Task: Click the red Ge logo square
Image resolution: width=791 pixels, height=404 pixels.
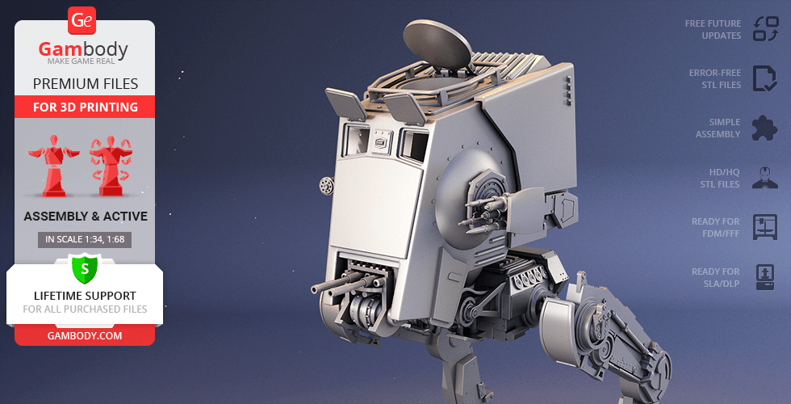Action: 82,21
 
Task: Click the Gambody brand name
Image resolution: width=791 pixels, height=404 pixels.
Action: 83,49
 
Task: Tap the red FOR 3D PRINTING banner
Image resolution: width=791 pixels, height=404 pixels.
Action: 85,107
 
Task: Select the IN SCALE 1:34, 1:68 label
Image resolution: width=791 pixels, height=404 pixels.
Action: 85,239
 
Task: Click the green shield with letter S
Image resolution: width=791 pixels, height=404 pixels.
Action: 85,268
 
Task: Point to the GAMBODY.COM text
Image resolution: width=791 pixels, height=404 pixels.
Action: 85,336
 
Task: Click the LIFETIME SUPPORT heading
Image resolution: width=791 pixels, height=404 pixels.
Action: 85,296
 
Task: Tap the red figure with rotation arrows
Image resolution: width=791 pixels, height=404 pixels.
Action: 111,166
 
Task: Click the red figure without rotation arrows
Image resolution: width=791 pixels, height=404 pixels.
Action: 53,166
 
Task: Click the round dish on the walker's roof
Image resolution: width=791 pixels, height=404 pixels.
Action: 437,44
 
